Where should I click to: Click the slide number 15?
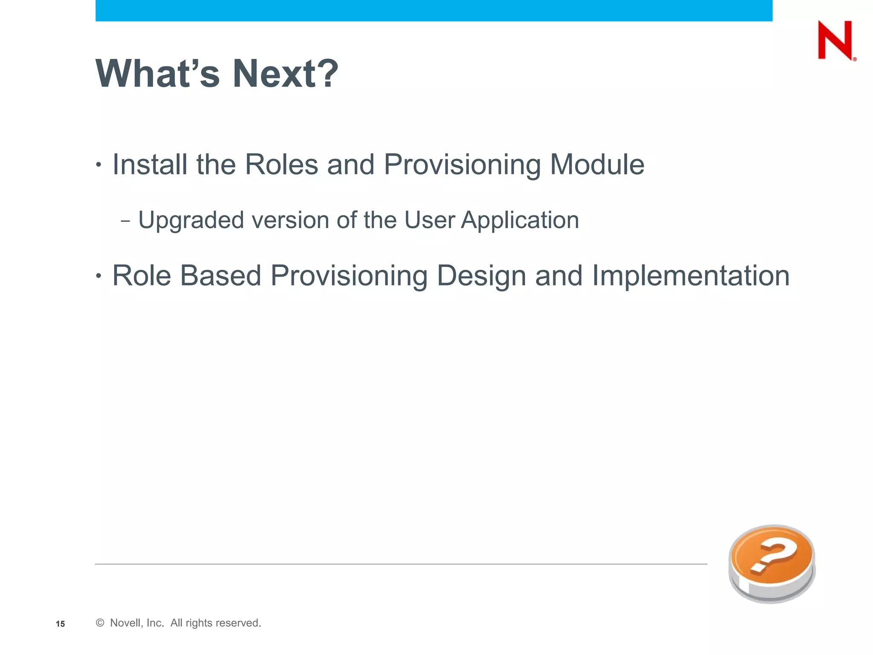pos(60,624)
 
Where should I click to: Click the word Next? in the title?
pos(285,73)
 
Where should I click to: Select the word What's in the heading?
pos(158,73)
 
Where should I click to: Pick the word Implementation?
pos(691,275)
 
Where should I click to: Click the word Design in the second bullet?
pos(481,275)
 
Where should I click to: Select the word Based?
pos(220,275)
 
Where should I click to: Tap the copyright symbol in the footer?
pos(100,623)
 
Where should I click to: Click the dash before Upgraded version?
pos(125,221)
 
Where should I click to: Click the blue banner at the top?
pos(434,10)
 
